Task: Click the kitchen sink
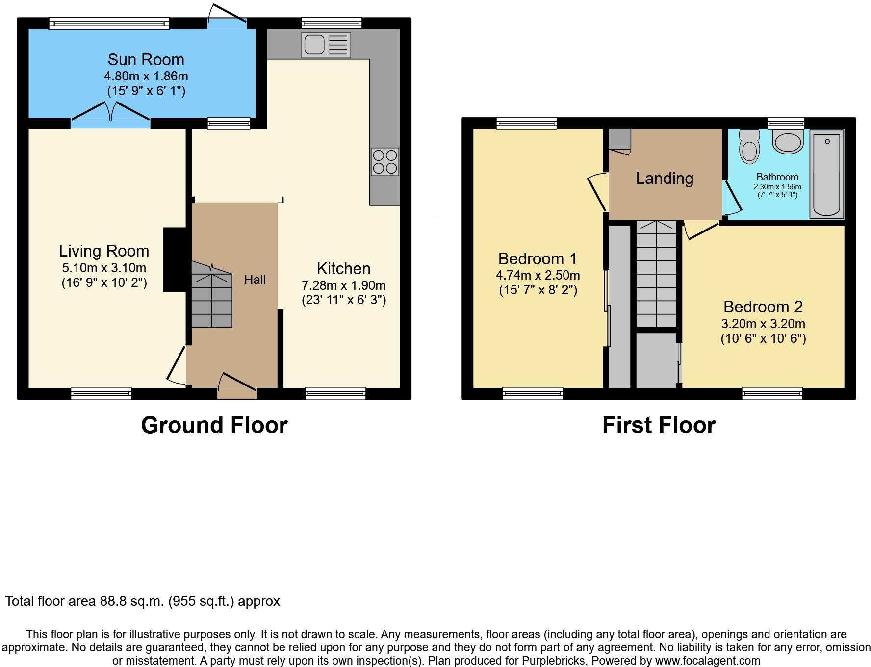tap(327, 45)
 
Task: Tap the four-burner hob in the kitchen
tap(385, 162)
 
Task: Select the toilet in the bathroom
tap(749, 147)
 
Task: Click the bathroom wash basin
tap(788, 141)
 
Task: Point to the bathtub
tap(826, 174)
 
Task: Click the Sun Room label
tap(146, 60)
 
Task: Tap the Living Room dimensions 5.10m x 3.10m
tap(104, 268)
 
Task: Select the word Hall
tap(255, 280)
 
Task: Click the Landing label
tap(665, 179)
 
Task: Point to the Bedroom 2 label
tap(763, 307)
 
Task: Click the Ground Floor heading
tap(214, 425)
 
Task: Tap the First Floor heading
tap(659, 425)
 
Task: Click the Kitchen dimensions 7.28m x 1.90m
tap(344, 285)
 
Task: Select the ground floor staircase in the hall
tap(211, 294)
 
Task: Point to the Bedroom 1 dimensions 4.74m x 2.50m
tap(538, 275)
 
